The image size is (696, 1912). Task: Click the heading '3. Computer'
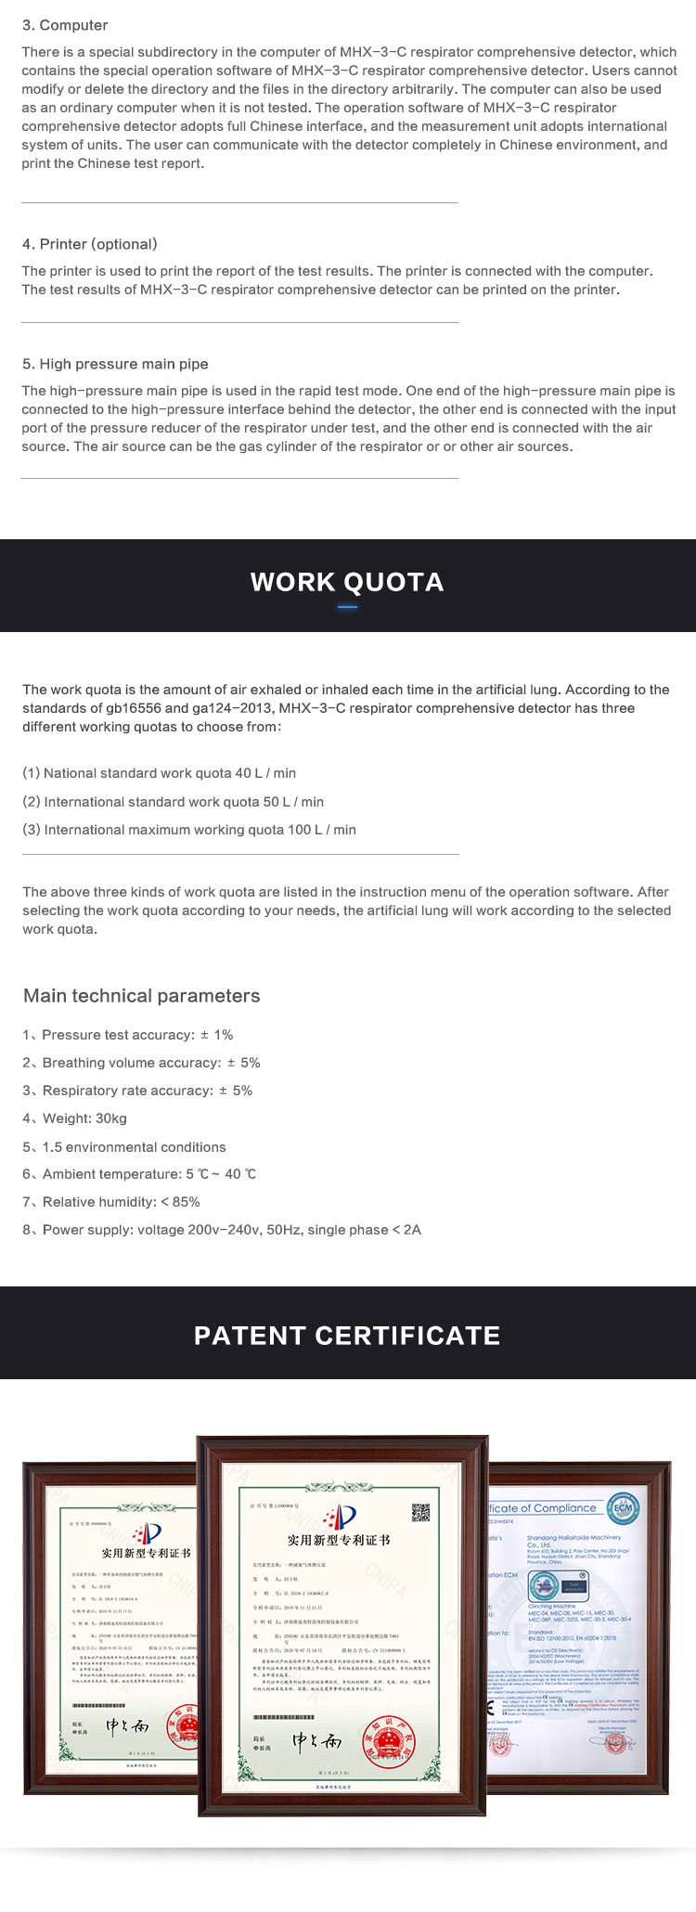[x=65, y=25]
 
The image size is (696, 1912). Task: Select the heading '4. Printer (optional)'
[x=90, y=244]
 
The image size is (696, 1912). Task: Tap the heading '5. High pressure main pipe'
[x=115, y=364]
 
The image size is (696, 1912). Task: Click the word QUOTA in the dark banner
[x=393, y=582]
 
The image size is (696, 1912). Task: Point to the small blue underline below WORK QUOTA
[x=347, y=607]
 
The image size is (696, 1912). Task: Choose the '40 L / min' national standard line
[x=160, y=773]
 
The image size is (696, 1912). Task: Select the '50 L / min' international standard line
[x=174, y=802]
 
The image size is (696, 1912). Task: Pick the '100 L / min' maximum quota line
[x=189, y=830]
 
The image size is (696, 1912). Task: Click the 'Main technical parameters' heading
[x=142, y=996]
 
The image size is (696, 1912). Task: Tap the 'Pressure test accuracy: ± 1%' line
[x=128, y=1035]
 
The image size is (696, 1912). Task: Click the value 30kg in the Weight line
[x=110, y=1118]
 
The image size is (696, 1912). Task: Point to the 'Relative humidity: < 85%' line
[x=111, y=1202]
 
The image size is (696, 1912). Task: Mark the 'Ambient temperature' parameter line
[x=139, y=1174]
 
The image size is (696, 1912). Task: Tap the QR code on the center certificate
[x=420, y=1512]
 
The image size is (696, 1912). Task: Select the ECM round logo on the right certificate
[x=623, y=1508]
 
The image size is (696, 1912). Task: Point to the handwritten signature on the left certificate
[x=127, y=1727]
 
